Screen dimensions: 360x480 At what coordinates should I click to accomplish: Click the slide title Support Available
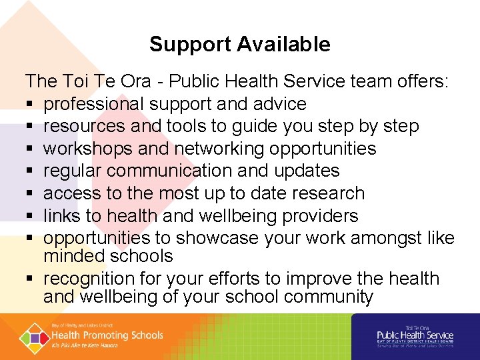(239, 45)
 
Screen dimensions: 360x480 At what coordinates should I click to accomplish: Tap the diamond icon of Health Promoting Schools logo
(33, 335)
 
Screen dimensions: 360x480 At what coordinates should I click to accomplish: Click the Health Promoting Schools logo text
(107, 335)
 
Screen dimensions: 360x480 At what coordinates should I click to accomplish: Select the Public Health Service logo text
(415, 335)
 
